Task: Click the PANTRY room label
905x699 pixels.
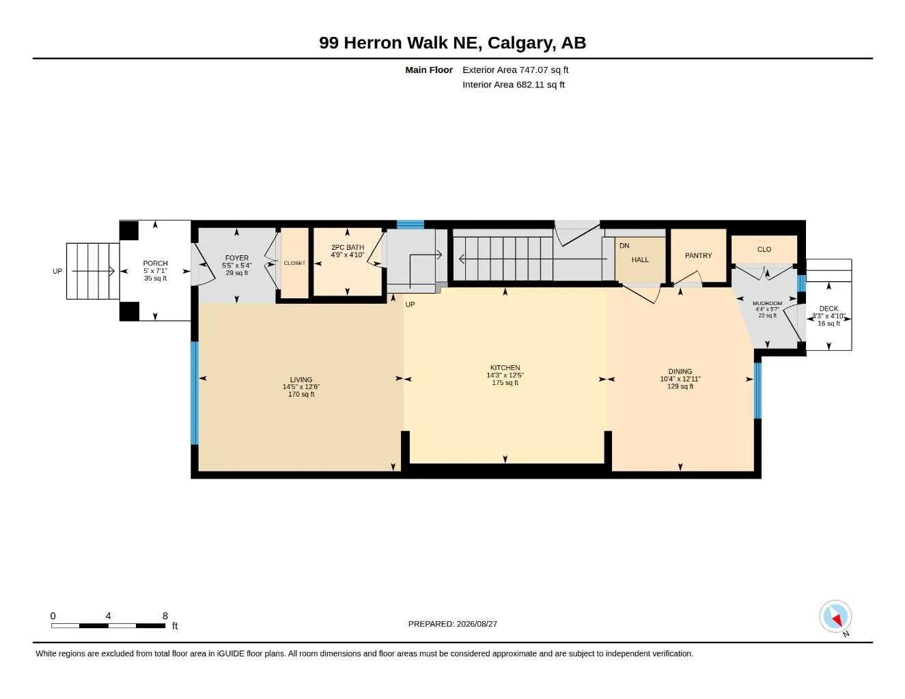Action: [x=699, y=255]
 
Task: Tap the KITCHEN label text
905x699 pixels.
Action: [x=505, y=368]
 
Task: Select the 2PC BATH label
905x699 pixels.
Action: [x=348, y=247]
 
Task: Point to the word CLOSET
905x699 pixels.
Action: [x=294, y=263]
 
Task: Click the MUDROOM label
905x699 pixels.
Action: [x=767, y=303]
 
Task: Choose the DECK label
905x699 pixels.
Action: [x=829, y=309]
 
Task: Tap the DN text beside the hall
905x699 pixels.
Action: [x=624, y=246]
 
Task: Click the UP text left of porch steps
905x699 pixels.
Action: [x=57, y=271]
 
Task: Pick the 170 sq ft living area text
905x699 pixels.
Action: [x=301, y=394]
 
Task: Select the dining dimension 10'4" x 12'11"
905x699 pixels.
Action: [x=680, y=379]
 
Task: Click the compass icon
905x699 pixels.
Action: [x=835, y=616]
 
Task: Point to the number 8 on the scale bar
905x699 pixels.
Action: [x=165, y=616]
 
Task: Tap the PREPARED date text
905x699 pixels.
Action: [x=452, y=624]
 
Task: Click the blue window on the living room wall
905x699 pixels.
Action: [x=195, y=393]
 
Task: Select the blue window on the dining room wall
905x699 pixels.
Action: [x=758, y=390]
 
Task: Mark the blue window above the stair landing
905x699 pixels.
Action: [x=410, y=225]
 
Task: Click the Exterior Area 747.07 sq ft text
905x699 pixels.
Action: [x=515, y=70]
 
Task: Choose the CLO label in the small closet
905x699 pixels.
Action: [x=764, y=249]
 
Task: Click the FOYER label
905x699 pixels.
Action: [x=236, y=258]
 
